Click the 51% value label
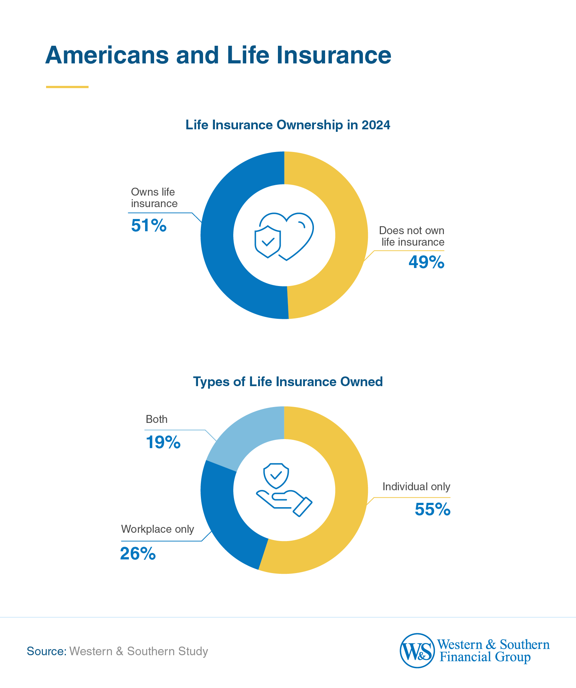point(149,226)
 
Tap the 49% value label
point(426,262)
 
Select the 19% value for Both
point(163,442)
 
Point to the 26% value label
point(138,554)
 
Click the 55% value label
point(432,509)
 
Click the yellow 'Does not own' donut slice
point(351,235)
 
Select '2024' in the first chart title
point(376,125)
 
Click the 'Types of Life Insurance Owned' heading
point(288,381)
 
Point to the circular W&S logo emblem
point(417,651)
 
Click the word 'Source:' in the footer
point(46,651)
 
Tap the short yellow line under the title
point(67,87)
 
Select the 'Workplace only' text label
point(157,529)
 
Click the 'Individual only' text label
point(416,487)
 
